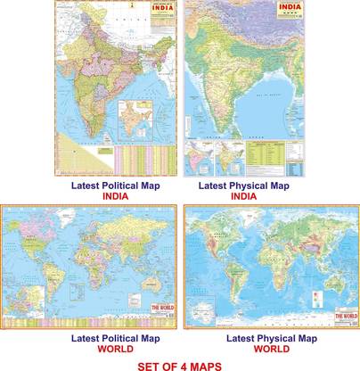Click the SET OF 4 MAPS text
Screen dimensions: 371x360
179,365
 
